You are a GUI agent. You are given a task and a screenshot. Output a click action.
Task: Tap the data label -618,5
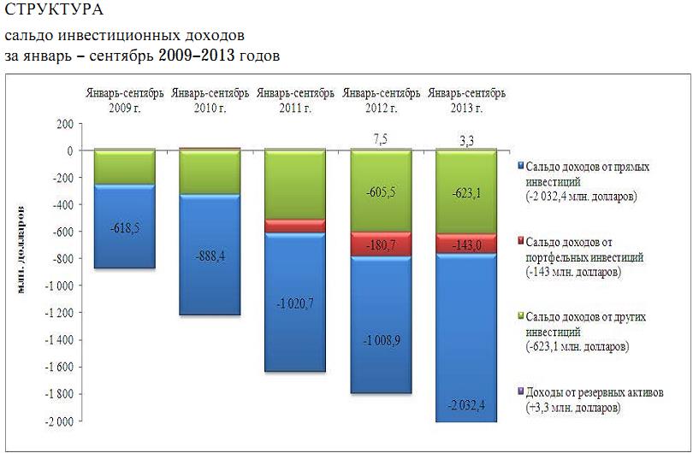124,230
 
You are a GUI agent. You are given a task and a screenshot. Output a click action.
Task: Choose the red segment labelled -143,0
466,244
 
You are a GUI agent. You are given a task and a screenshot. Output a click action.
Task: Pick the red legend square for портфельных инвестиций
521,242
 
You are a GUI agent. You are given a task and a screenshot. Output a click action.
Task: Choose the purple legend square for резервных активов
521,393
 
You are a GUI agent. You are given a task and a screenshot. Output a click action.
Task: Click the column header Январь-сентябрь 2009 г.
124,100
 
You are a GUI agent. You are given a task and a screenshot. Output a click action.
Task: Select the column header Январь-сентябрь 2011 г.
295,100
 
